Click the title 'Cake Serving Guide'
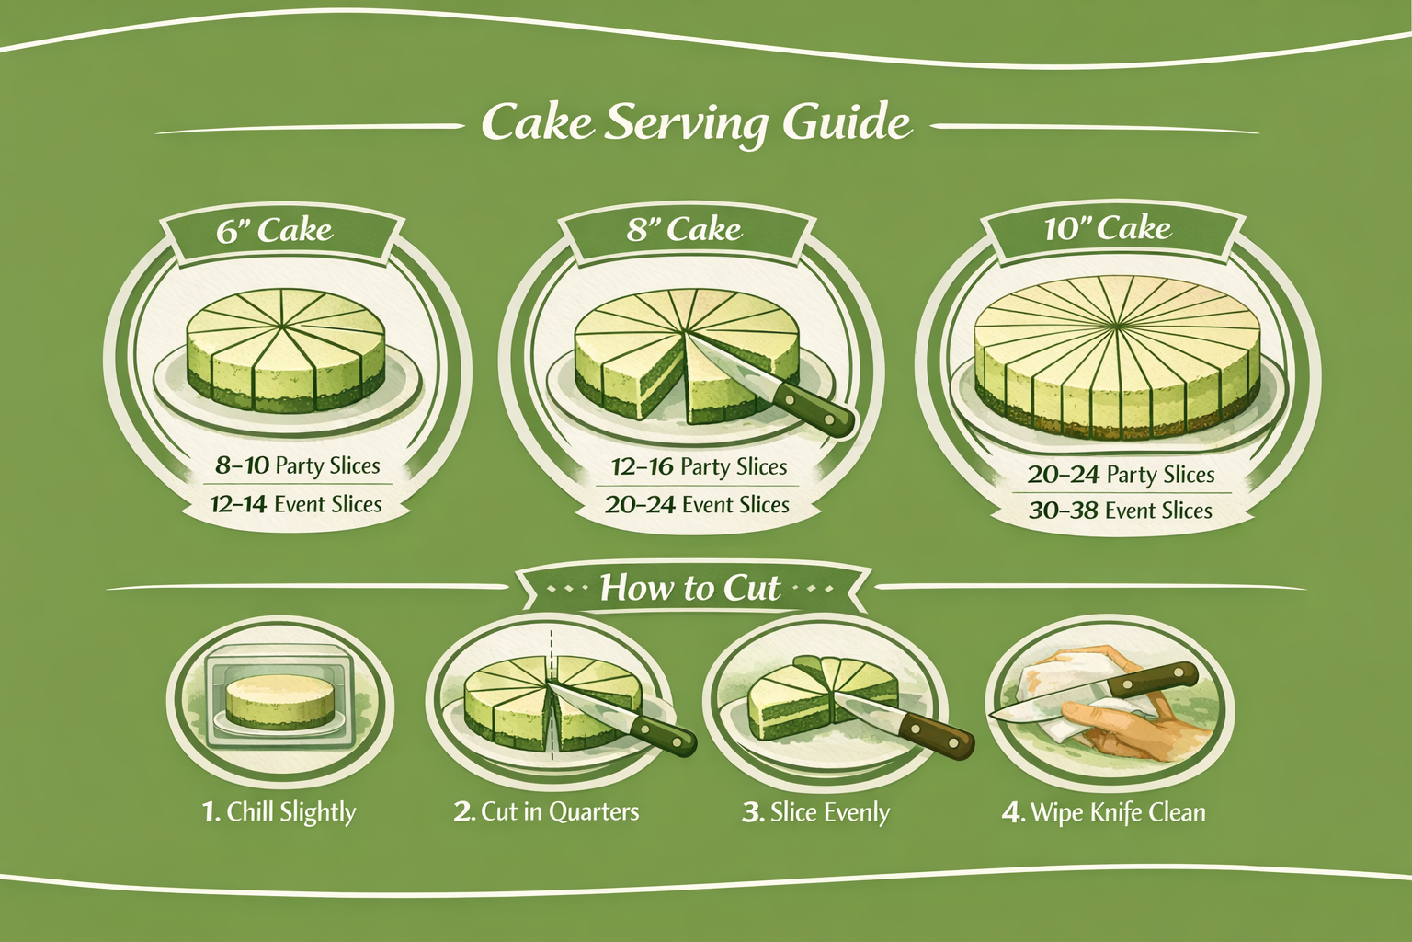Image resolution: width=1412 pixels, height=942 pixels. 696,123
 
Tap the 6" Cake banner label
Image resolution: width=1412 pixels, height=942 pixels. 274,230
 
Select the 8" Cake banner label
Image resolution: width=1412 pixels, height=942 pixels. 684,229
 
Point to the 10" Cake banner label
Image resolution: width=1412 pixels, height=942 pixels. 1107,228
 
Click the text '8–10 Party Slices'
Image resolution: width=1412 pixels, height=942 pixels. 297,465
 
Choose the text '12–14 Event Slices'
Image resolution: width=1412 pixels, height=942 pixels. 296,504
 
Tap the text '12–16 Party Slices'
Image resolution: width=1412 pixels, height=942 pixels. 699,467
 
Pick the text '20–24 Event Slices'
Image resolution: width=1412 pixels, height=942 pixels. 697,505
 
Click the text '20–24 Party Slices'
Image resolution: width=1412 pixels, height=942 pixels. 1121,475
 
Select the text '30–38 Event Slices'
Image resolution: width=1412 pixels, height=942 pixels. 1120,511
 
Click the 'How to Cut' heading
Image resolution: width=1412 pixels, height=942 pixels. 689,588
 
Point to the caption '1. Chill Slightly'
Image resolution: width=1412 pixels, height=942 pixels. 279,812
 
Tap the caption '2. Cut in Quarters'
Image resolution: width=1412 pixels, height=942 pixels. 546,812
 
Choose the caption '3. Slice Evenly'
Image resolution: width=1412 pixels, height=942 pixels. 815,813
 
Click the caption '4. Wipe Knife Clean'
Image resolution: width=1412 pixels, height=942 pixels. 1103,813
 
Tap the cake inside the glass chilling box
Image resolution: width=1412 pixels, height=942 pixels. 279,702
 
